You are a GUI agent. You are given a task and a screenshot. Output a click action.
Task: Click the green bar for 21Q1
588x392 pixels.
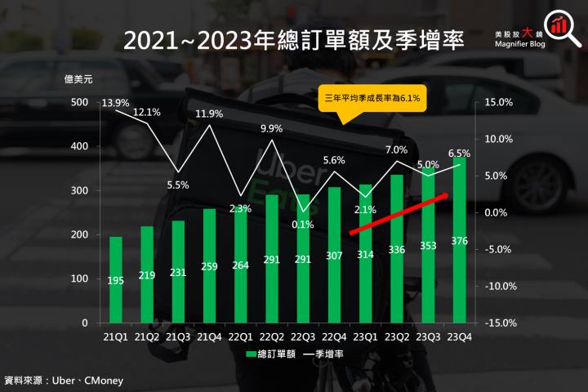(x=116, y=279)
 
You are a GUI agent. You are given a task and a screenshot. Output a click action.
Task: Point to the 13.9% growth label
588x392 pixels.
(x=116, y=102)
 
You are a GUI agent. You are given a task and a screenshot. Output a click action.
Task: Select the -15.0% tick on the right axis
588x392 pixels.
(x=498, y=323)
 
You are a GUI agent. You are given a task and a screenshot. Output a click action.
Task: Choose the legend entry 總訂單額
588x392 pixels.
(x=263, y=355)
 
